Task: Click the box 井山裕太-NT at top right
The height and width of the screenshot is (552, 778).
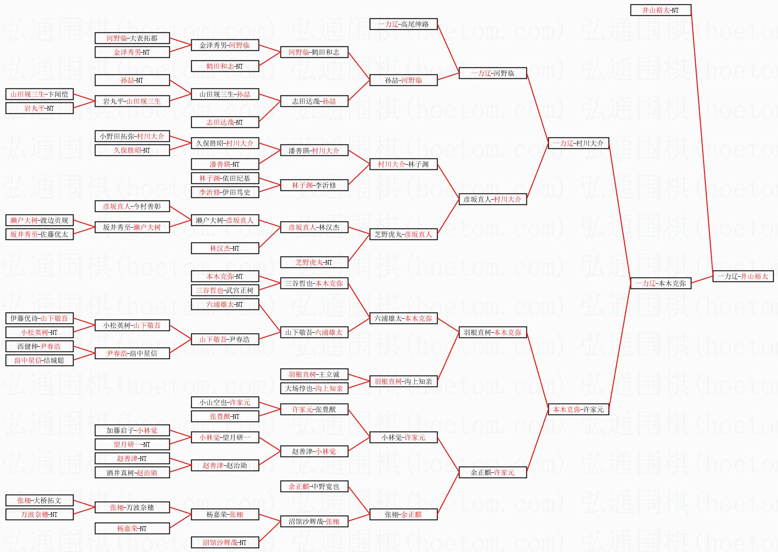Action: point(660,10)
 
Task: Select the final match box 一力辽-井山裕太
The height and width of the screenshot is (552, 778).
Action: point(743,276)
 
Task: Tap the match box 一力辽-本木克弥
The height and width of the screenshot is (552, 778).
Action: point(660,283)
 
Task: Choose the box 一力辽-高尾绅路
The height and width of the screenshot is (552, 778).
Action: point(403,24)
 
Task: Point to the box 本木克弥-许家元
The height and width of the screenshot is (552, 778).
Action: point(578,409)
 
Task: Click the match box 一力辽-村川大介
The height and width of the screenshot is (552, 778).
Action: point(578,143)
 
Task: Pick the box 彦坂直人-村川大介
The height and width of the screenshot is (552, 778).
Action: point(492,199)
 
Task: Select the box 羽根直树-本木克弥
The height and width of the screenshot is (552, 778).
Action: point(492,332)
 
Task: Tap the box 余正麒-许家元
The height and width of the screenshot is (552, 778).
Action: point(492,472)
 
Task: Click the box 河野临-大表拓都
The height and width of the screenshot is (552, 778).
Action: point(132,38)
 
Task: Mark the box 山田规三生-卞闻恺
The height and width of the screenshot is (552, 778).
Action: point(39,94)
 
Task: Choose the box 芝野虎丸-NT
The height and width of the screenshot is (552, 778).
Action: point(314,262)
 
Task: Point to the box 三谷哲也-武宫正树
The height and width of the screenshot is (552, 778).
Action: point(224,290)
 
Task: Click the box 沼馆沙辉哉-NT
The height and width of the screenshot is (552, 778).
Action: point(224,542)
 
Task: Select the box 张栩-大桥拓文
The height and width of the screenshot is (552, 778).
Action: point(39,500)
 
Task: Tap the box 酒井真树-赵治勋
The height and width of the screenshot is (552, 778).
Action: point(132,472)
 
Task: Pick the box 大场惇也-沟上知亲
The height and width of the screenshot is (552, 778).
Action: point(314,388)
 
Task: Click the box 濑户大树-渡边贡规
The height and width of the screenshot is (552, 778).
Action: point(39,220)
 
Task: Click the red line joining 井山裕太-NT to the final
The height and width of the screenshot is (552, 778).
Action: point(702,140)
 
